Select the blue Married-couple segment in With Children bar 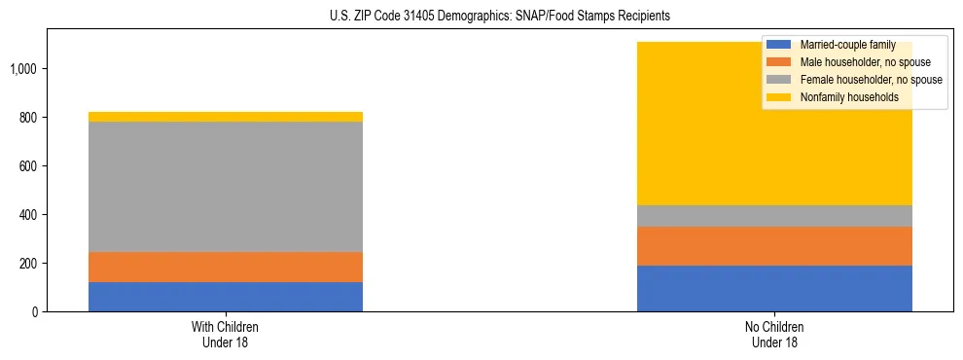pyautogui.click(x=225, y=297)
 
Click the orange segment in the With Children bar pyautogui.click(x=225, y=267)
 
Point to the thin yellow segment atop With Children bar pyautogui.click(x=225, y=117)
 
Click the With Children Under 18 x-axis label pyautogui.click(x=225, y=334)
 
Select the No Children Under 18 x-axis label pyautogui.click(x=774, y=334)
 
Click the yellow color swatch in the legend pyautogui.click(x=780, y=97)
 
